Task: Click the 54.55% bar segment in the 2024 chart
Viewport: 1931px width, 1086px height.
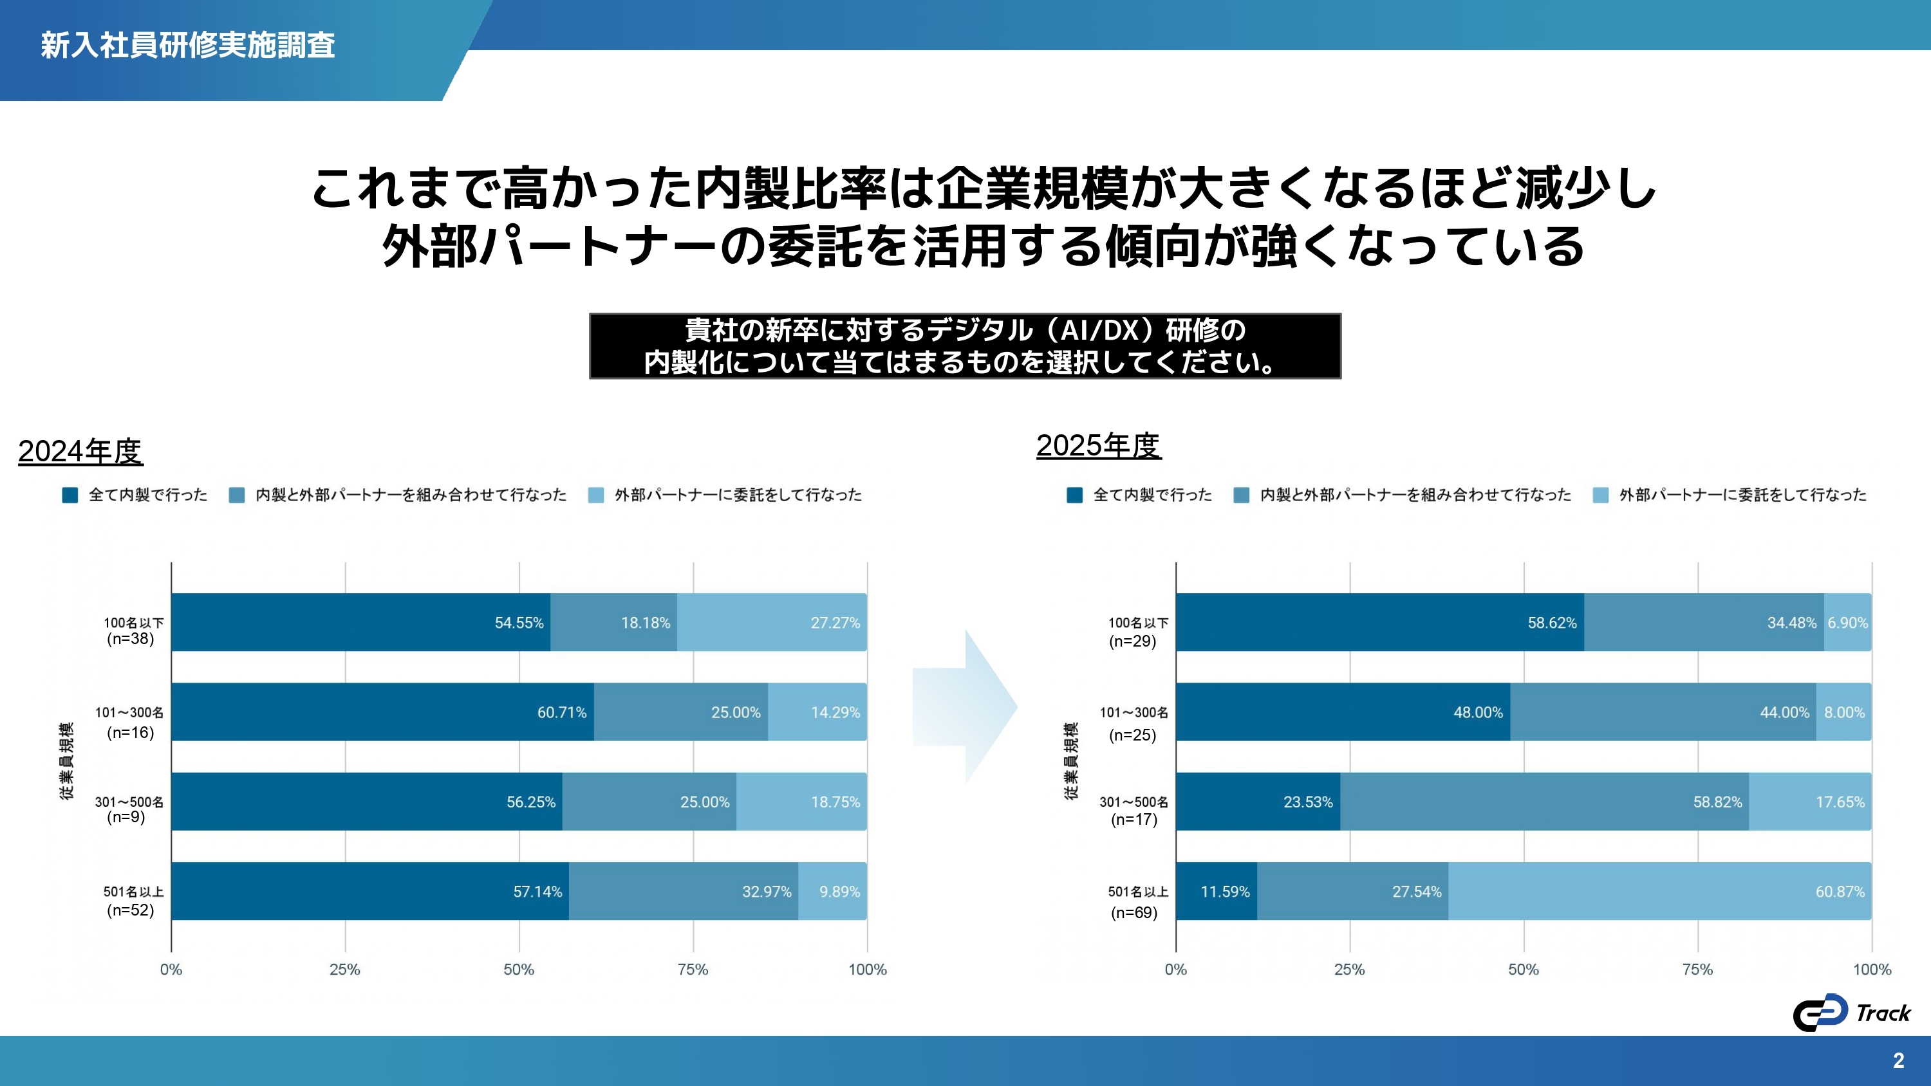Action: point(360,622)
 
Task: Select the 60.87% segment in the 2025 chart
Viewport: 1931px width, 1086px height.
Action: point(1659,891)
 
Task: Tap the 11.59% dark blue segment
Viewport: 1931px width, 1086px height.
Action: point(1216,891)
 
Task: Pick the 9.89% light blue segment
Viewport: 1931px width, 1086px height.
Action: point(832,891)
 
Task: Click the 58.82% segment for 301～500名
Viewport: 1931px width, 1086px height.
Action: point(1544,801)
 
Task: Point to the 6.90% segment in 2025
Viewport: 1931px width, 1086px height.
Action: point(1848,622)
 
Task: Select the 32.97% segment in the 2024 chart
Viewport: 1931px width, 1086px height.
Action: point(683,891)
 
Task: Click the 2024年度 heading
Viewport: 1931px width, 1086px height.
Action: point(80,451)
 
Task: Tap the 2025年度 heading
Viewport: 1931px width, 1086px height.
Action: point(1098,445)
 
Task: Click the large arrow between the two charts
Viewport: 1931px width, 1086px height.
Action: point(964,707)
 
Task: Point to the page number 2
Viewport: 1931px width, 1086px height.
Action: point(1898,1060)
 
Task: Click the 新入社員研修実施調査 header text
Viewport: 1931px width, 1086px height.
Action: point(187,45)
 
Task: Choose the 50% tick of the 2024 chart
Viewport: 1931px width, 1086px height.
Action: point(519,969)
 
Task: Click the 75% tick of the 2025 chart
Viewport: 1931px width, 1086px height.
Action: point(1697,969)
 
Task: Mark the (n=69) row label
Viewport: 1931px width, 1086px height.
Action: point(1133,912)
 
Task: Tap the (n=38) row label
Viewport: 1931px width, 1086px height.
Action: point(131,639)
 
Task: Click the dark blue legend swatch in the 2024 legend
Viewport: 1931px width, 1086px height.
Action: point(70,495)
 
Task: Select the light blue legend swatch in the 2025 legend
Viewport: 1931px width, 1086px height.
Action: point(1600,495)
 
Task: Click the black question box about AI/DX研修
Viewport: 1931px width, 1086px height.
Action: point(965,345)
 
